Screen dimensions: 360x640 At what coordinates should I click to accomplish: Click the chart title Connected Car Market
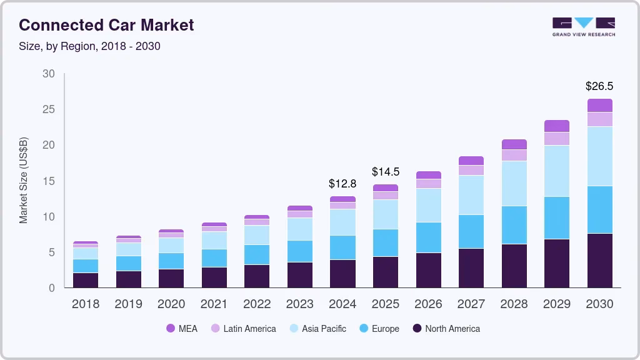click(106, 25)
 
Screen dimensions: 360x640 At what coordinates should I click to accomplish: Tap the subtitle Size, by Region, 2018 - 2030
click(89, 46)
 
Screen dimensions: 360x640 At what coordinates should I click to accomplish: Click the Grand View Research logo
click(583, 26)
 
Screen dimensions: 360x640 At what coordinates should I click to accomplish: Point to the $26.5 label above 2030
click(599, 86)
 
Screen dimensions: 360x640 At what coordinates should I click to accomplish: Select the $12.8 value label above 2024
click(342, 184)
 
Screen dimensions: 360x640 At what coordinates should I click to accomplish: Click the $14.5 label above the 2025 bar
click(385, 171)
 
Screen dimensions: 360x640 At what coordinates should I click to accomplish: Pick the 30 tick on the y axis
click(48, 74)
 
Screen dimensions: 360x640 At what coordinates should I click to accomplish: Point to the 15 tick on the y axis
click(48, 181)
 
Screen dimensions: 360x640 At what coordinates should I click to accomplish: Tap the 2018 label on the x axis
click(86, 304)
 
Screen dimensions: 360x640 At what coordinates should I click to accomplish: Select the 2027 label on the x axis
click(471, 304)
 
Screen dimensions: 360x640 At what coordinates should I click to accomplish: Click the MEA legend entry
click(181, 329)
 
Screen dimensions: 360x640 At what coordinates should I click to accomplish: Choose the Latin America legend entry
click(243, 329)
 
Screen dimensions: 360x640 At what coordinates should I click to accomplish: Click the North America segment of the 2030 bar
click(599, 260)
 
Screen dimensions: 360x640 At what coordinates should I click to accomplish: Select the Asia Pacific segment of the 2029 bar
click(556, 171)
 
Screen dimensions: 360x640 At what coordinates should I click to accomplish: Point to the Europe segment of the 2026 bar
click(428, 237)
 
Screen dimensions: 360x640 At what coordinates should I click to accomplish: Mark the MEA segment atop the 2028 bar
click(514, 144)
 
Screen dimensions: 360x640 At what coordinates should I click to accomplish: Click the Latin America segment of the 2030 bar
click(599, 119)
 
